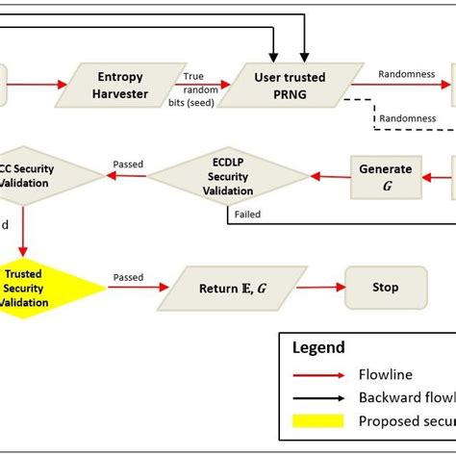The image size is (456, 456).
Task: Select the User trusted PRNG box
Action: pyautogui.click(x=288, y=84)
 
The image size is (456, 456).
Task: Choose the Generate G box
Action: pyautogui.click(x=386, y=176)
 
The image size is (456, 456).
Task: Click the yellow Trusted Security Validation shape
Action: pyautogui.click(x=29, y=288)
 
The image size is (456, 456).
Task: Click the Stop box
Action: pyautogui.click(x=385, y=288)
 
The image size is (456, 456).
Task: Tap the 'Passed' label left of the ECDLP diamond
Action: pyautogui.click(x=128, y=164)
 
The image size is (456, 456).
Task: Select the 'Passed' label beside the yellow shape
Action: pyautogui.click(x=128, y=276)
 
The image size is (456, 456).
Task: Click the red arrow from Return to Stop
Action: pyautogui.click(x=320, y=288)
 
